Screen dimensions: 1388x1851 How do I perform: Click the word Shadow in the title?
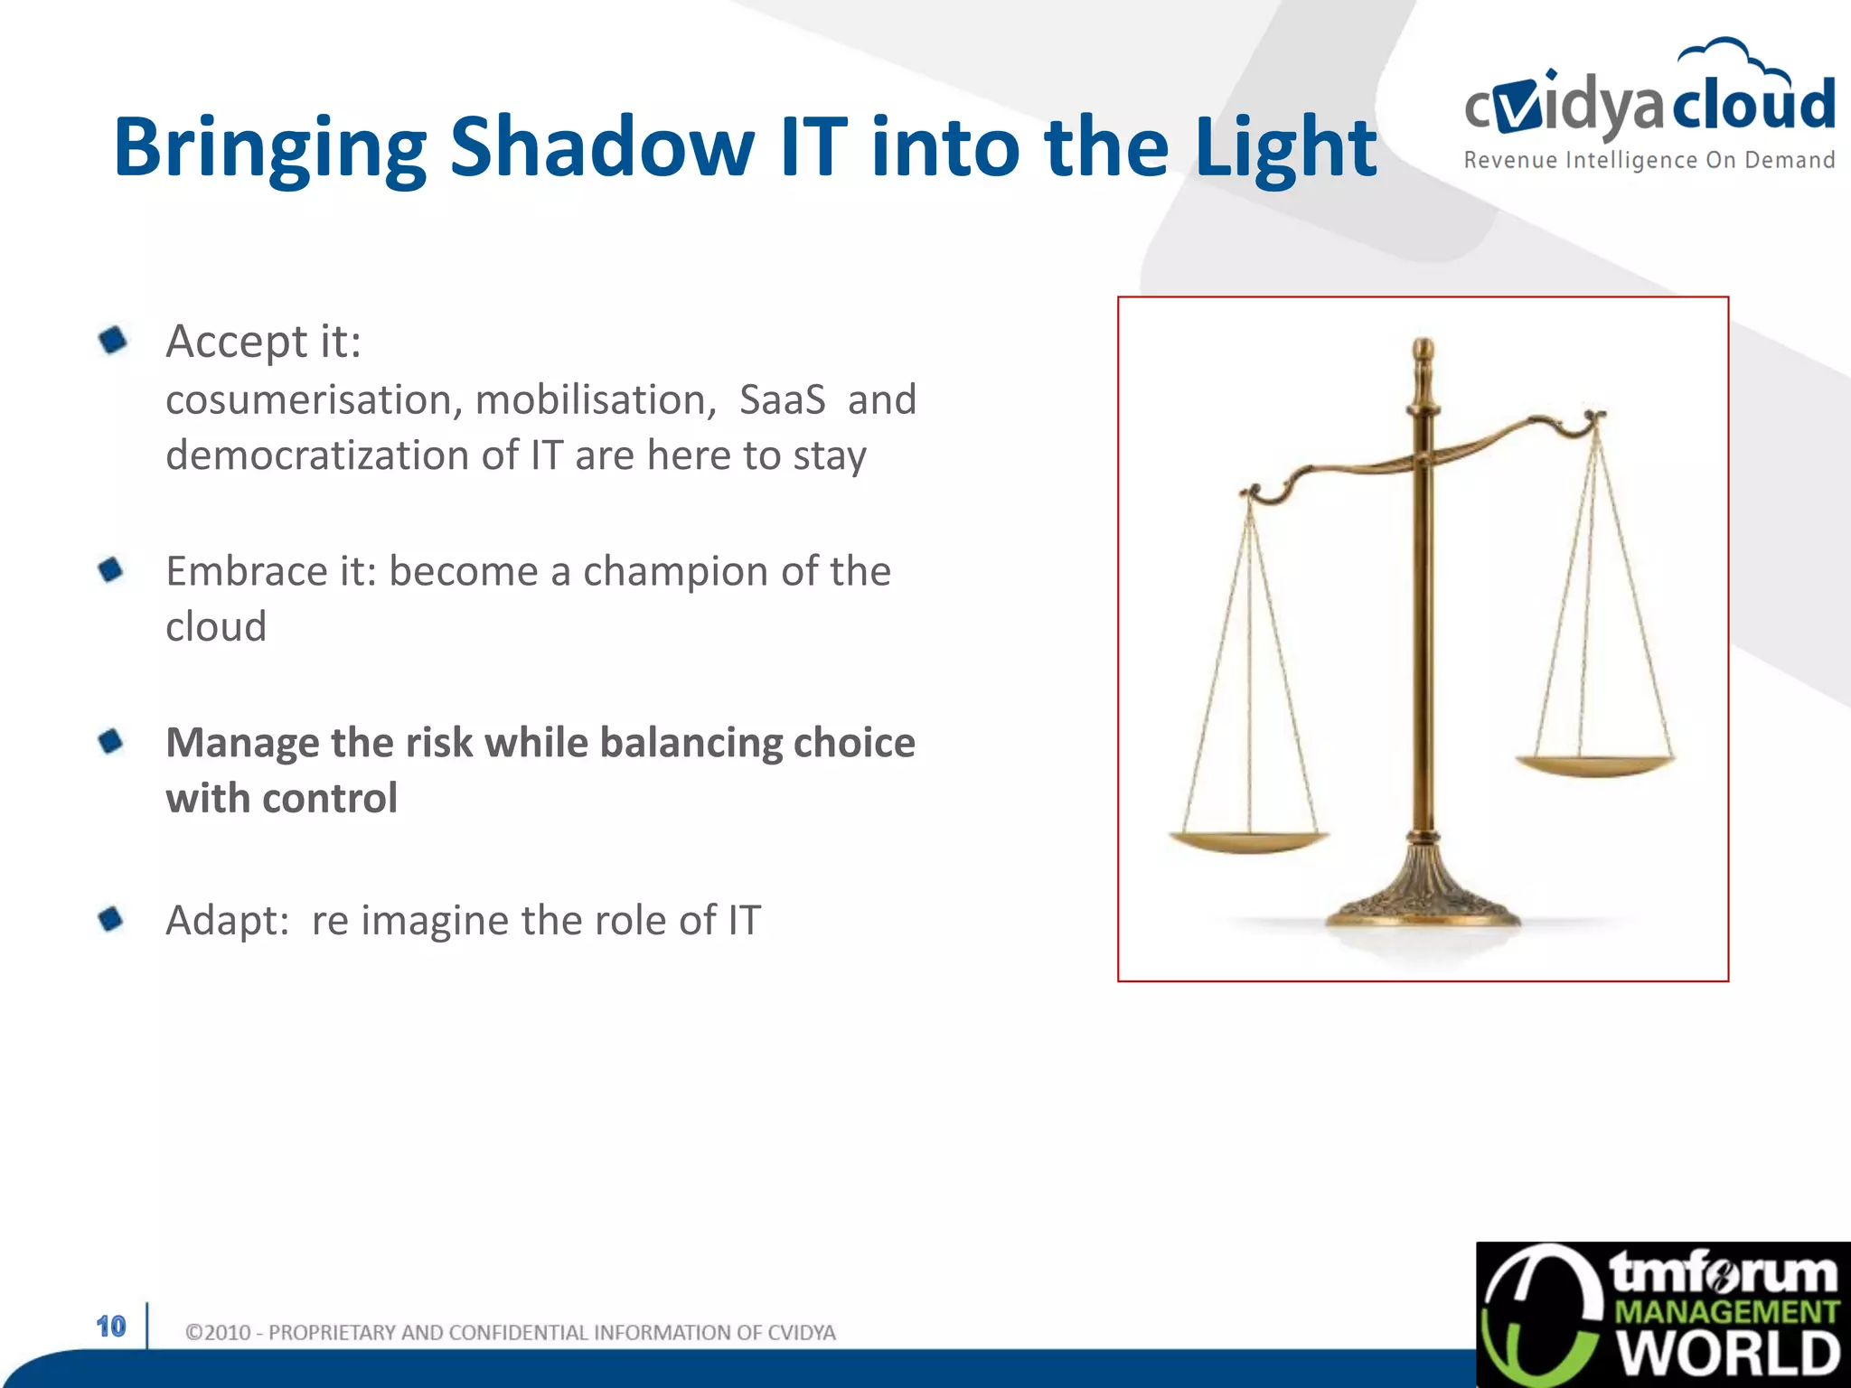coord(601,146)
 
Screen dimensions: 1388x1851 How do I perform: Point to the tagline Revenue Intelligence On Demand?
coord(1649,161)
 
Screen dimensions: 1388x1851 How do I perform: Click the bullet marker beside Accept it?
coord(113,341)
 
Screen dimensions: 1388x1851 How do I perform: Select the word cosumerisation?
coord(313,399)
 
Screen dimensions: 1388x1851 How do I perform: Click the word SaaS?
coord(782,399)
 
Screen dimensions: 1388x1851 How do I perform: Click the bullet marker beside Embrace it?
coord(111,570)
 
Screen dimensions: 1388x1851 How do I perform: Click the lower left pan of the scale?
coord(1248,842)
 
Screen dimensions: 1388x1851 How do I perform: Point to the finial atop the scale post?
coord(1423,352)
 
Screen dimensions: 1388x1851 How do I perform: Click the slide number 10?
coord(111,1327)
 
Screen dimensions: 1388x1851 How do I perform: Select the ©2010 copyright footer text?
coord(510,1333)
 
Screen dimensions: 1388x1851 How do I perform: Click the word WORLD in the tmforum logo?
coord(1727,1354)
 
